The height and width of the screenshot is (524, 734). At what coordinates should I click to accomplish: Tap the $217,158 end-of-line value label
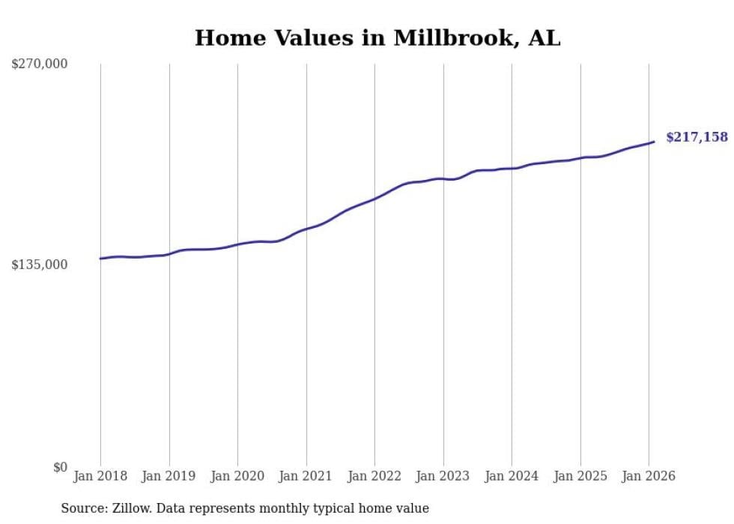point(697,137)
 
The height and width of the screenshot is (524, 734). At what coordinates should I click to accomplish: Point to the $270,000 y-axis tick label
point(39,64)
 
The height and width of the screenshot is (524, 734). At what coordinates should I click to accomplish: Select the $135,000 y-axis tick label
point(39,265)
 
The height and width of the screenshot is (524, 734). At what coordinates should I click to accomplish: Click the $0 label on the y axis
point(60,467)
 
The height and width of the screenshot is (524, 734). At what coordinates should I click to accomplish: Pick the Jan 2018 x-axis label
point(100,476)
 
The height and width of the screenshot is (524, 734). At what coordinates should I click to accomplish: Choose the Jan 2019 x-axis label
point(169,476)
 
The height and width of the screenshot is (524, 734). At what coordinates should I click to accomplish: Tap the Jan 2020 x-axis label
point(237,476)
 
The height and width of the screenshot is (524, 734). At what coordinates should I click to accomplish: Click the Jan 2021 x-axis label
point(306,476)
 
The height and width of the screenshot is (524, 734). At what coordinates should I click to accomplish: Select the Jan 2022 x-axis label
point(374,476)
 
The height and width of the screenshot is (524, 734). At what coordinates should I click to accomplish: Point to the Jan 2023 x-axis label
point(443,476)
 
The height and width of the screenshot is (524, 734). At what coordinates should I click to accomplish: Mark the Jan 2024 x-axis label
point(512,476)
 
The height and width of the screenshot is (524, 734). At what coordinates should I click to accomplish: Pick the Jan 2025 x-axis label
point(580,476)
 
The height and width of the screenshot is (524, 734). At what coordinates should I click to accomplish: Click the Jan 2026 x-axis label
point(649,476)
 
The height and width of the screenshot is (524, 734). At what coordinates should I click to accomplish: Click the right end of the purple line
point(654,142)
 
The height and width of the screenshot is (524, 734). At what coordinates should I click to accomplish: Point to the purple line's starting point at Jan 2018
point(101,259)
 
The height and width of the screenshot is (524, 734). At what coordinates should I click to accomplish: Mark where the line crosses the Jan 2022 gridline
point(374,199)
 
